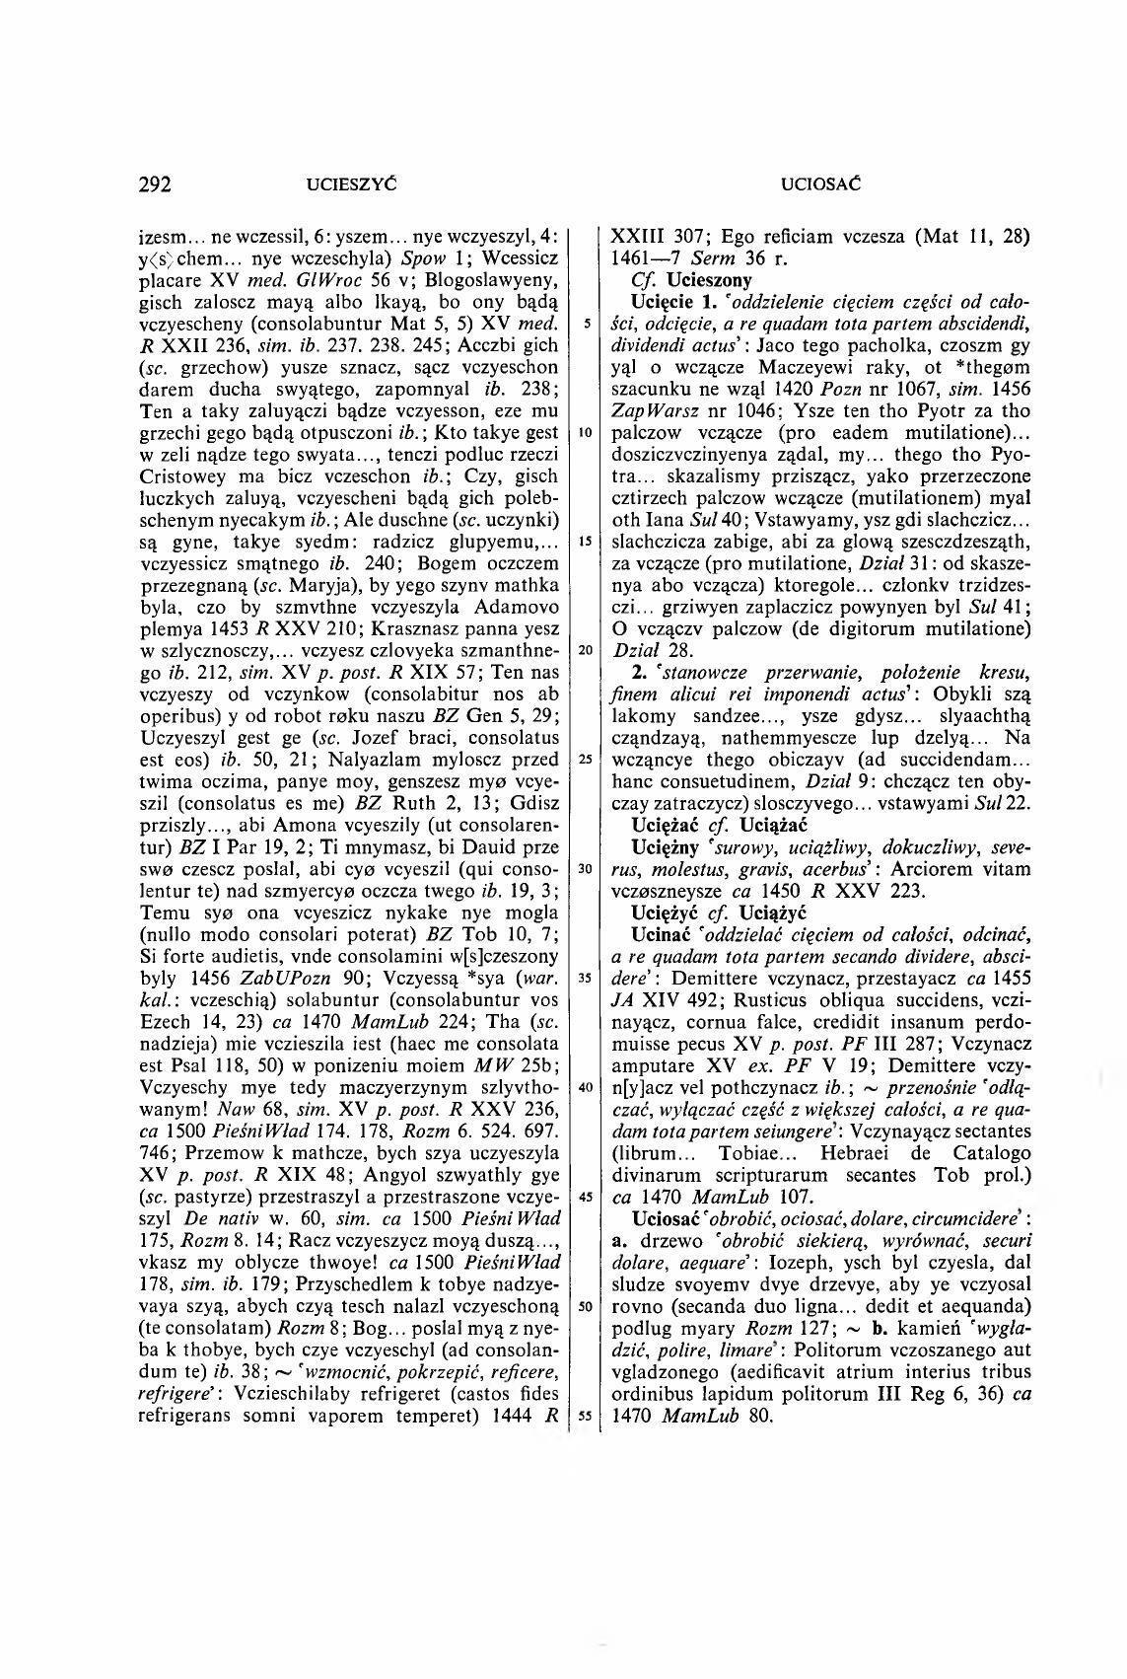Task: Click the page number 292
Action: [x=156, y=183]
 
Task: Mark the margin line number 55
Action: [x=584, y=1416]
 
